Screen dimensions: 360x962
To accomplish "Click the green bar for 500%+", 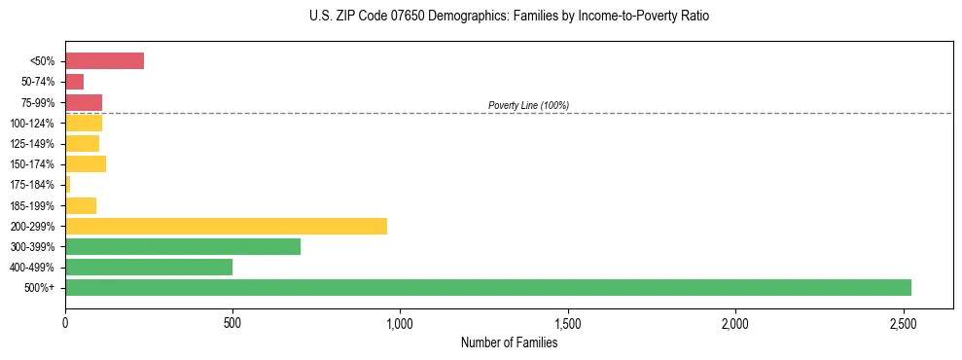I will (x=487, y=287).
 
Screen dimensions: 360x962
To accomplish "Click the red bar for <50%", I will (x=104, y=61).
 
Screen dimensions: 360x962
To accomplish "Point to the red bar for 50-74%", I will (x=74, y=82).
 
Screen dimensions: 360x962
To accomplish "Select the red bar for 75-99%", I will (x=84, y=102).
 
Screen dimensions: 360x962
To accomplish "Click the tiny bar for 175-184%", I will (x=68, y=184).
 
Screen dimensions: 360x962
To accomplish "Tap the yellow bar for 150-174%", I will (x=86, y=163).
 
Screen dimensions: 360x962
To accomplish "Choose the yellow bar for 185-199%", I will (x=81, y=205).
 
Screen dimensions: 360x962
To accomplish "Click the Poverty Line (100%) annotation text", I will (x=528, y=105).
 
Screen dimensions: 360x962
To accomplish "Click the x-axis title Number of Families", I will (x=509, y=342).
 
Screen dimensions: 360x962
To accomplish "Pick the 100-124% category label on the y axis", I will (x=32, y=124).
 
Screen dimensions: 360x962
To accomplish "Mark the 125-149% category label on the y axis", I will (x=32, y=144).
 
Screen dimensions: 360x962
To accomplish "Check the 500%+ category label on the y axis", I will (x=41, y=288).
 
